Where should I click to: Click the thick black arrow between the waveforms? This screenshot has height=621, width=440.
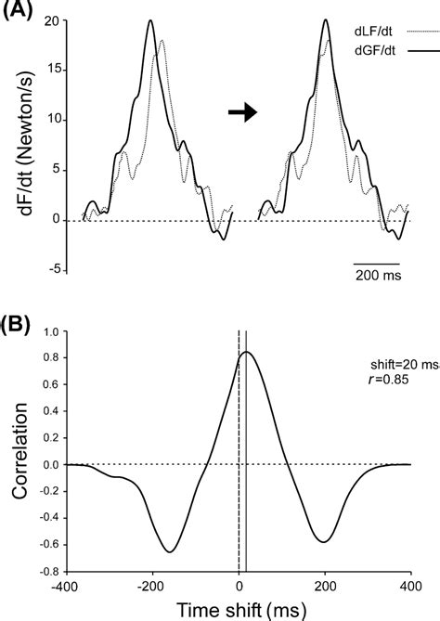(x=242, y=111)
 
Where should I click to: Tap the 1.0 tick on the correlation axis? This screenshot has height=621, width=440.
(x=50, y=331)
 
